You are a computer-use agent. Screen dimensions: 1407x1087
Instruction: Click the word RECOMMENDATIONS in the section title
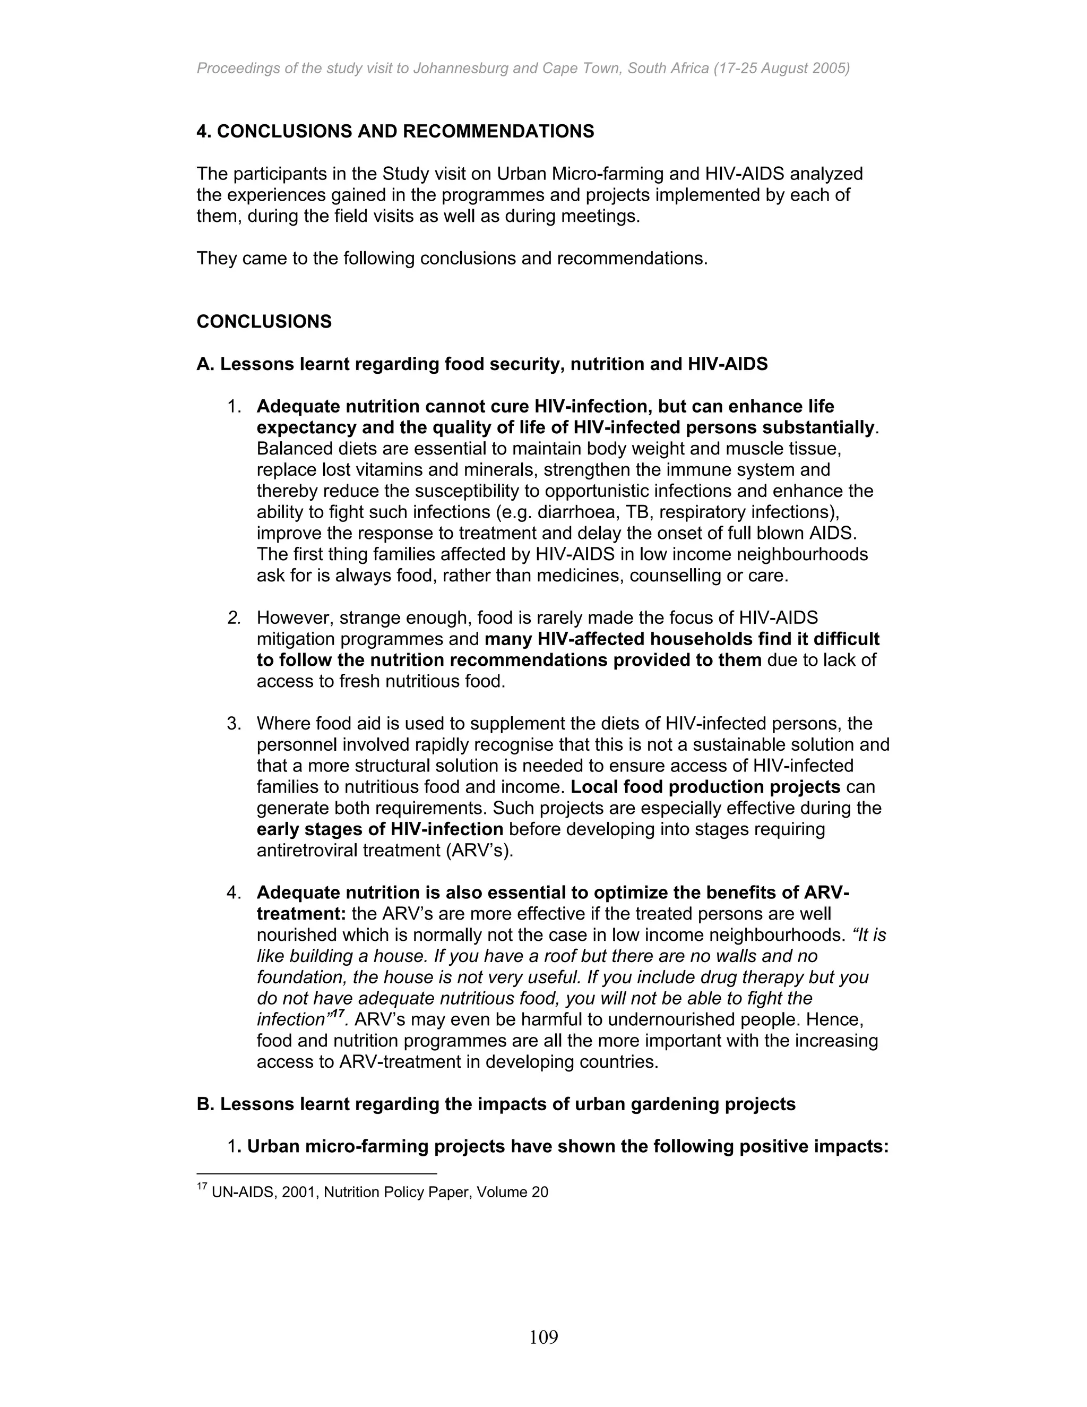[498, 132]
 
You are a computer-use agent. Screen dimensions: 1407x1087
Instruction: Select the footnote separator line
[316, 1173]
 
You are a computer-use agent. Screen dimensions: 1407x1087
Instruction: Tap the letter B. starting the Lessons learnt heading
[205, 1104]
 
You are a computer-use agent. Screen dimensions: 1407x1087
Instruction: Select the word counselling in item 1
[674, 576]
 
